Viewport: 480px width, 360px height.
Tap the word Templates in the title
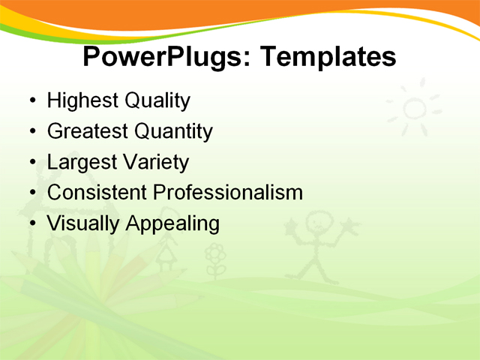(328, 57)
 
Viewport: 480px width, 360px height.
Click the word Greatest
(87, 131)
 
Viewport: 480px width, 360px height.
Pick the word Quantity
(173, 131)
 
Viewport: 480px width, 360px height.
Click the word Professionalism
(227, 192)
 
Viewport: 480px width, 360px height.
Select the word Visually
(82, 223)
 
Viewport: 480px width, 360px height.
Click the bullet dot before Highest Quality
(31, 101)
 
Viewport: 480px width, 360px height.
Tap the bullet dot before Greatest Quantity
(31, 132)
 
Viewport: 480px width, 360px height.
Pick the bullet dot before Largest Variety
(31, 163)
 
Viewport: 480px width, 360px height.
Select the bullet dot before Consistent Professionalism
(31, 193)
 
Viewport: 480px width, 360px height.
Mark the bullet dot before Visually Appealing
(31, 223)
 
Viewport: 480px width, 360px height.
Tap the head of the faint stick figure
(319, 223)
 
